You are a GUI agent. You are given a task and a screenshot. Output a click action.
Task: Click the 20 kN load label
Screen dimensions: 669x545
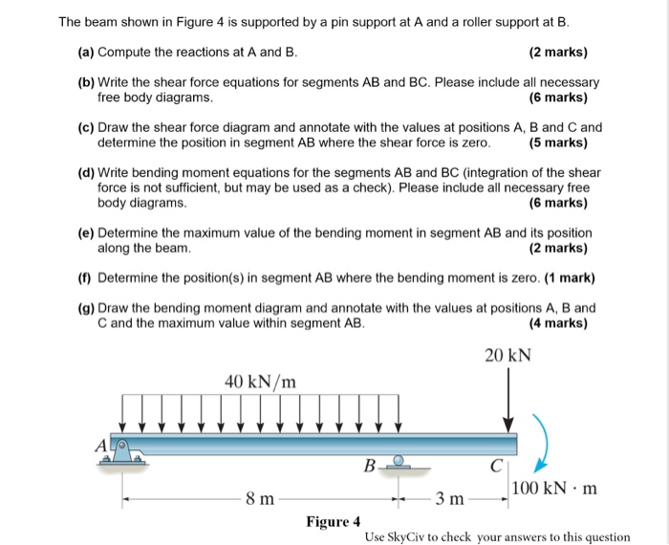(507, 356)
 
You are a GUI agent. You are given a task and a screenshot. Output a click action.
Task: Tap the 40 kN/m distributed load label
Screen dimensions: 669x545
(260, 381)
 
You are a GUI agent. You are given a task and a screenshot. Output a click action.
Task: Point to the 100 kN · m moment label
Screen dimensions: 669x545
(553, 489)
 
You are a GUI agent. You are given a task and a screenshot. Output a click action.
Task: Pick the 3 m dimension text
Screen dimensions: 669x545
(450, 498)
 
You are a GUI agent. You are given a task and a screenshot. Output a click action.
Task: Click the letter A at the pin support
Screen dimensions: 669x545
(98, 444)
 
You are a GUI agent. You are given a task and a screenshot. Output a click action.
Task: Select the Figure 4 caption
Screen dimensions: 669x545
(333, 521)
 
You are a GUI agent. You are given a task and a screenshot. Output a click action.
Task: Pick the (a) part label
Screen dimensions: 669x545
(86, 51)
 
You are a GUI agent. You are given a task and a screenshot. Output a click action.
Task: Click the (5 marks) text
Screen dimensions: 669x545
(557, 142)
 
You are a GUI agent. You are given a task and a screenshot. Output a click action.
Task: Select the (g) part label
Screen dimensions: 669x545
(86, 308)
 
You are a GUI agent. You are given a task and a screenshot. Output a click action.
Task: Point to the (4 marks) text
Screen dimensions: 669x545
(557, 323)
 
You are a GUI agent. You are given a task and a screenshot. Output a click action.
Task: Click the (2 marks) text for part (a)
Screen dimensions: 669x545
(557, 51)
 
